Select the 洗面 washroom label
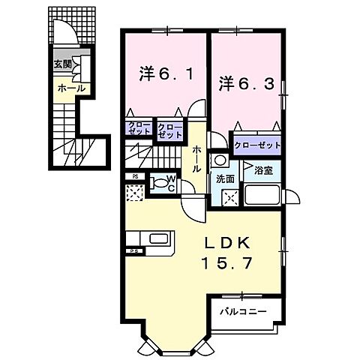225,179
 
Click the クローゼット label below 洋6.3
257,145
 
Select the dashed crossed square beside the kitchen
133,194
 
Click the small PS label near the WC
133,178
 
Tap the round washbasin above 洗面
220,160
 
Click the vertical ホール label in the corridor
196,159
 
